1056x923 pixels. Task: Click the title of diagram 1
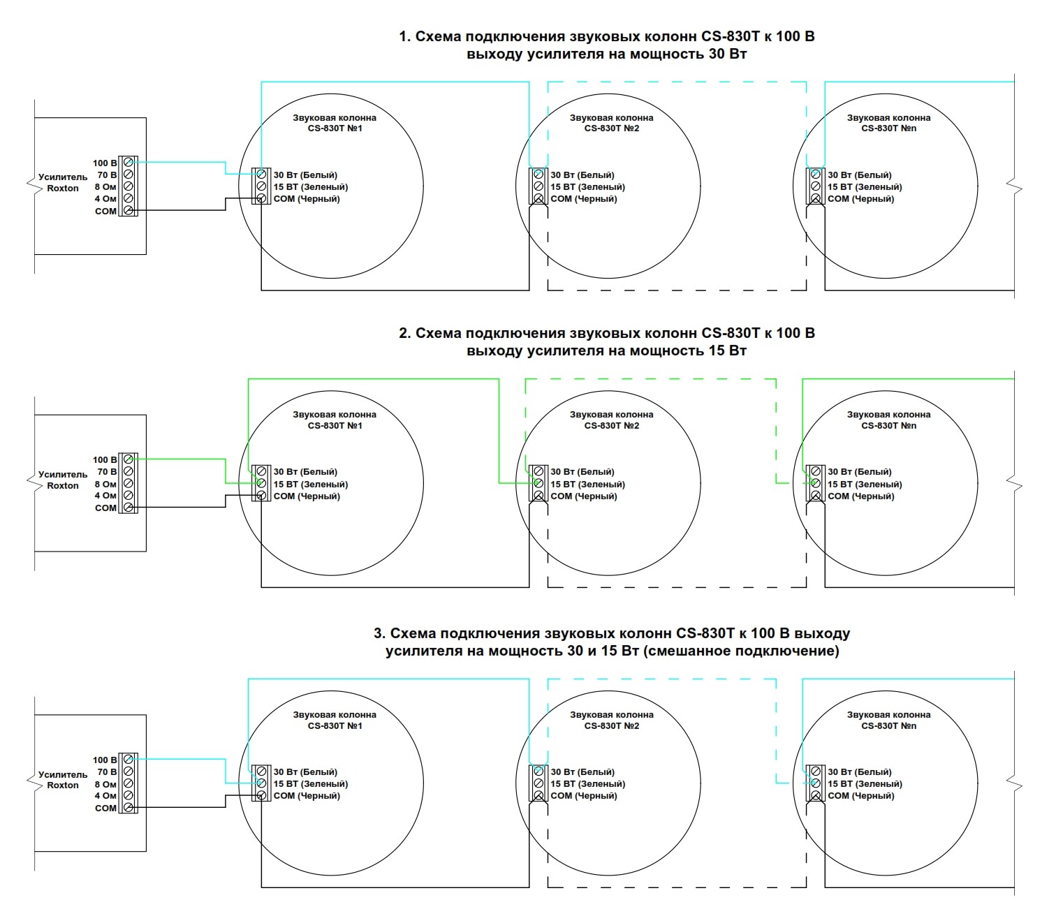click(606, 45)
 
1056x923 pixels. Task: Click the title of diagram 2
click(606, 342)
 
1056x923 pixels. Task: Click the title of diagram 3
click(612, 642)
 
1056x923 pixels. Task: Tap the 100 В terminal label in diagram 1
click(105, 163)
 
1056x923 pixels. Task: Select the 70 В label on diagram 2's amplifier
click(107, 472)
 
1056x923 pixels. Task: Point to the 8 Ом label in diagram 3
click(105, 784)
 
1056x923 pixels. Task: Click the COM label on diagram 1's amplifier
click(105, 211)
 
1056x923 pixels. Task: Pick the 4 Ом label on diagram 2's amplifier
click(105, 496)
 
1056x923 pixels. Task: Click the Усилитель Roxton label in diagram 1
click(63, 183)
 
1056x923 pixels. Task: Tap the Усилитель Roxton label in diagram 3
click(63, 780)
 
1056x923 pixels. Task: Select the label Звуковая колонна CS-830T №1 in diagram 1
click(335, 123)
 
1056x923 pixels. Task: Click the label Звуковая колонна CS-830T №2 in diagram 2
click(611, 420)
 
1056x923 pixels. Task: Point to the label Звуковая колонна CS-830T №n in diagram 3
click(888, 720)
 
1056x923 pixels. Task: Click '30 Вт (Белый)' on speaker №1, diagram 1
click(305, 175)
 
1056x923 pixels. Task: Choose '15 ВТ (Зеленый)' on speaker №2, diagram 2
click(587, 484)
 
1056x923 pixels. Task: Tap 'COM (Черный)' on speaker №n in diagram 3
click(860, 796)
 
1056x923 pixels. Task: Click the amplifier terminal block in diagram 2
click(128, 483)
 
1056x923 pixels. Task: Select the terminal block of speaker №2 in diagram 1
click(538, 186)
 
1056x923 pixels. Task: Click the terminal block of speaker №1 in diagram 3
click(261, 783)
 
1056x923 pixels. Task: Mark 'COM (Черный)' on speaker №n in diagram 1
click(860, 199)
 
